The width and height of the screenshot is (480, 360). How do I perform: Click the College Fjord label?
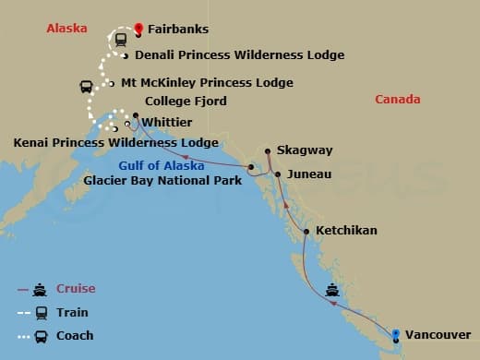186,102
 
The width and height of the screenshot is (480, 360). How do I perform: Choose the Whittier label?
166,121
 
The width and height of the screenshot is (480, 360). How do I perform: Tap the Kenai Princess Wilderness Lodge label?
116,143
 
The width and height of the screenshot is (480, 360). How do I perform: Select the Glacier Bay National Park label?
162,180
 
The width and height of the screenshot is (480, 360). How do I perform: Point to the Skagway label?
311,150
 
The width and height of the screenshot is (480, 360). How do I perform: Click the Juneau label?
308,174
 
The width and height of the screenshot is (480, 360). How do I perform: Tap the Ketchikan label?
346,230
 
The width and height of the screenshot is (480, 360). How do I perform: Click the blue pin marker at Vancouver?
396,334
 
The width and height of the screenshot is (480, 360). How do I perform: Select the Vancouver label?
438,334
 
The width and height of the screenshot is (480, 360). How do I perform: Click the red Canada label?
399,100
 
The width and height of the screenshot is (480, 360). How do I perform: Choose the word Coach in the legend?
76,335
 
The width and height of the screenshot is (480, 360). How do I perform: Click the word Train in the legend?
73,313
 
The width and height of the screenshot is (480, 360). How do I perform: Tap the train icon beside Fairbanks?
119,40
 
